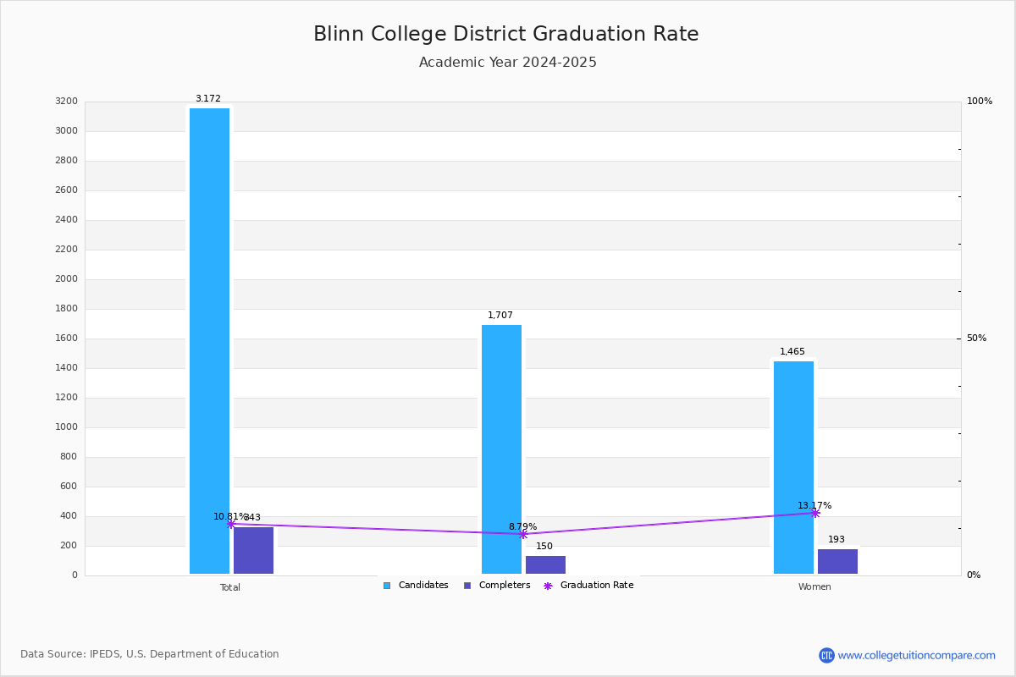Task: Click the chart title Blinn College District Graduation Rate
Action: click(x=506, y=34)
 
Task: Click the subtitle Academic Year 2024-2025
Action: click(x=508, y=63)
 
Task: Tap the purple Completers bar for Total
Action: click(x=253, y=550)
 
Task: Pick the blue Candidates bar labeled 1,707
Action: click(x=501, y=449)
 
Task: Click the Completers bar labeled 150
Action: click(x=545, y=564)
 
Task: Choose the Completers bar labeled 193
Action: click(x=837, y=561)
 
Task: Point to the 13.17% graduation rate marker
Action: click(x=815, y=513)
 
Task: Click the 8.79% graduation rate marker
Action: click(x=523, y=534)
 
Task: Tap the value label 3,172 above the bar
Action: click(x=208, y=99)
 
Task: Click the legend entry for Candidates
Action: click(x=416, y=586)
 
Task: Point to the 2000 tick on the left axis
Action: click(x=66, y=279)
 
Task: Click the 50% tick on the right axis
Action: click(x=976, y=338)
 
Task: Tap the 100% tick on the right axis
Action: click(x=979, y=102)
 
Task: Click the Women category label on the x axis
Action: click(x=814, y=587)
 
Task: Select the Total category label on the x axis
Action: click(x=230, y=587)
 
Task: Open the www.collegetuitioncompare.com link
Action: click(x=916, y=655)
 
